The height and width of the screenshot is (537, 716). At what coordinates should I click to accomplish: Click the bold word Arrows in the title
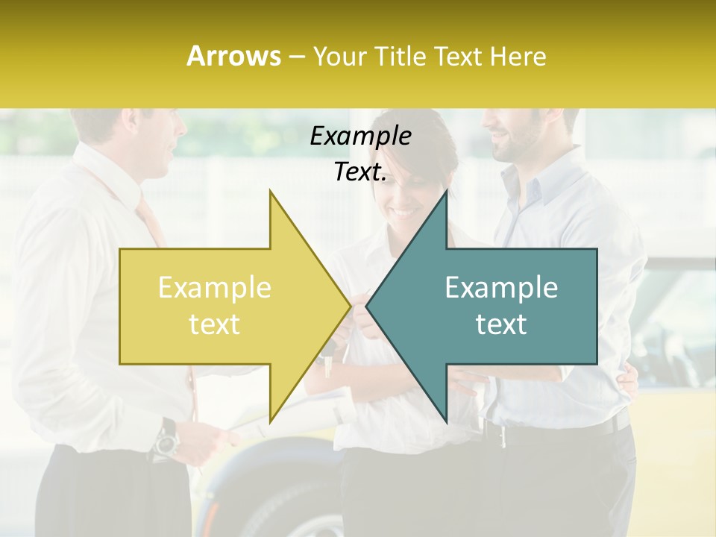(x=233, y=56)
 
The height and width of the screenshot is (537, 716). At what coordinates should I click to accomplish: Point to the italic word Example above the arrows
(x=360, y=136)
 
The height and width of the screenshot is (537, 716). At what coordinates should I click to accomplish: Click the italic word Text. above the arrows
(x=360, y=172)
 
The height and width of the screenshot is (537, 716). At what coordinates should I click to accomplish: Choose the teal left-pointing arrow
(x=492, y=306)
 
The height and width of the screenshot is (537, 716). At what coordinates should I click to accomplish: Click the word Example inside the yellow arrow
(x=214, y=288)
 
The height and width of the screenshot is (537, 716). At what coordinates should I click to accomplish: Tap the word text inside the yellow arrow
(x=214, y=324)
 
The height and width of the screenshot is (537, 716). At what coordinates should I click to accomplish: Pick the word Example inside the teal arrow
(x=501, y=288)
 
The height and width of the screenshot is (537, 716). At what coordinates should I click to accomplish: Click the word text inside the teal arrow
(x=501, y=324)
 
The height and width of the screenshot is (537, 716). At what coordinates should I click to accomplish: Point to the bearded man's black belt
(x=559, y=430)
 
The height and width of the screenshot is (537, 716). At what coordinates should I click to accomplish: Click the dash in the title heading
(x=297, y=57)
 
